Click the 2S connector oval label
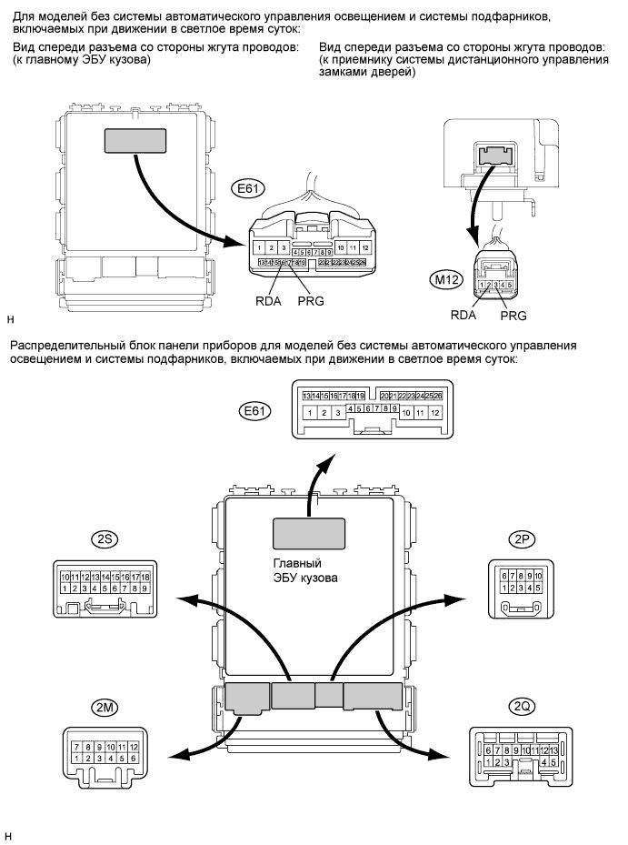point(103,538)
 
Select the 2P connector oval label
point(523,538)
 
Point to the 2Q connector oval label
point(523,707)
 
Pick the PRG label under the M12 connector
point(513,315)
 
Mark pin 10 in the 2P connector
point(538,576)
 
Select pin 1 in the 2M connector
point(77,758)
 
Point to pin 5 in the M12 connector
point(511,285)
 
